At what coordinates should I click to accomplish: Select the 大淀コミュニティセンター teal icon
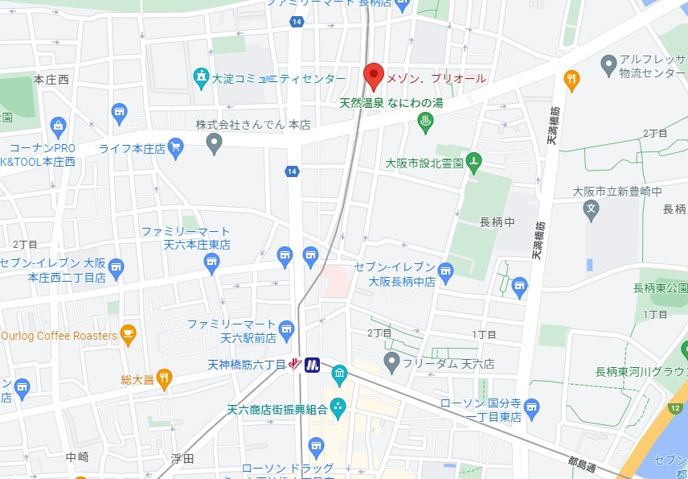click(200, 77)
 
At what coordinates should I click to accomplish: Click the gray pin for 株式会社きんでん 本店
click(214, 144)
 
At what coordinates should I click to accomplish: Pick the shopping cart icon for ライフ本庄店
click(176, 147)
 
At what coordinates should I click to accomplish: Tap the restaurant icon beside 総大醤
click(164, 377)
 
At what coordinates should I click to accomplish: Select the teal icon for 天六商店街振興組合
click(338, 409)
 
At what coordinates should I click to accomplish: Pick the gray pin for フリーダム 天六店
click(391, 362)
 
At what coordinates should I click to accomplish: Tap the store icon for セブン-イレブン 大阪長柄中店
click(446, 270)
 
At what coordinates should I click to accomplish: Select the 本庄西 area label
click(51, 80)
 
